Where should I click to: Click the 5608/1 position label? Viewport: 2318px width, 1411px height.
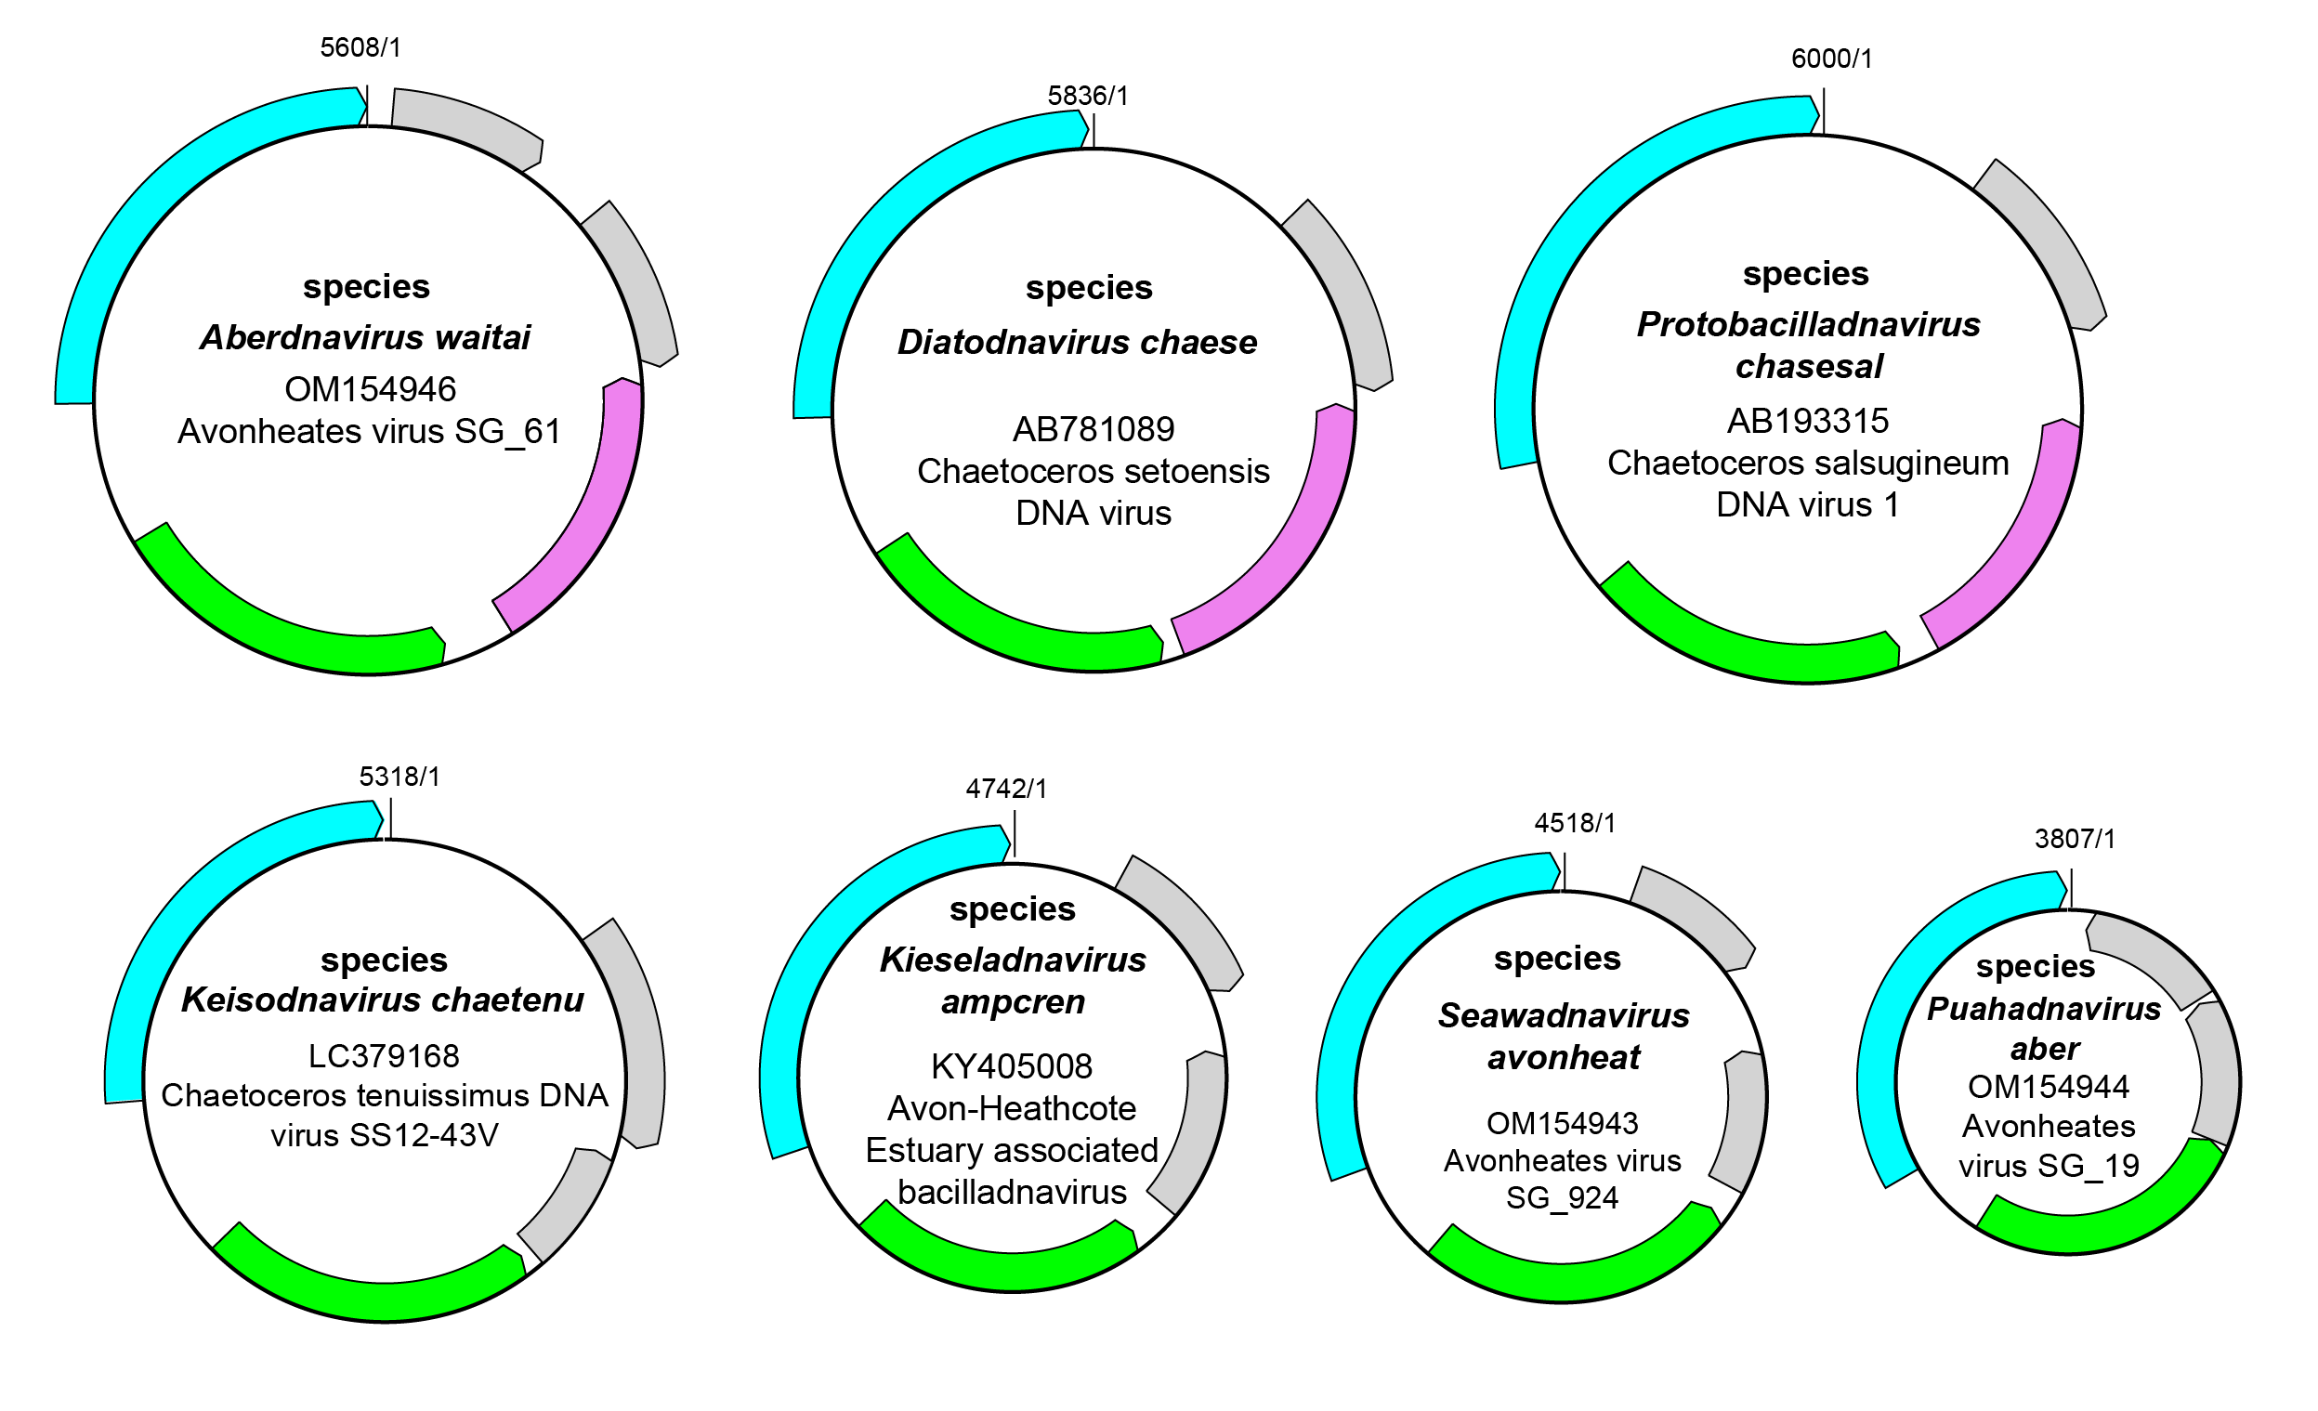[360, 47]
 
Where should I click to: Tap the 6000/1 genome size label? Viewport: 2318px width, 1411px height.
[1830, 59]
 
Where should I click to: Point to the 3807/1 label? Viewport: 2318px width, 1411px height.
[2075, 838]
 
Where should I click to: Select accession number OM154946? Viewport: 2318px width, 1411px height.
[370, 388]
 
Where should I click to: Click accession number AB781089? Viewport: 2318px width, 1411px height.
[1094, 429]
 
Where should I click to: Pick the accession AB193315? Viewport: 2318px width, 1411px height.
[1807, 421]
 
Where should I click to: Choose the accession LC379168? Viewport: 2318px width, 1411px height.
[384, 1055]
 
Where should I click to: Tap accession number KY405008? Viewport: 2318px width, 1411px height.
[1012, 1065]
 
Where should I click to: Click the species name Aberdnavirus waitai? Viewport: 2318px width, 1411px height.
[365, 337]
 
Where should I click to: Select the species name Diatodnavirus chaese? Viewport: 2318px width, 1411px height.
[1077, 342]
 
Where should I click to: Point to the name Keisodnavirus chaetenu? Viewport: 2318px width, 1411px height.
[382, 999]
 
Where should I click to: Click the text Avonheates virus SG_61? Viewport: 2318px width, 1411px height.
[369, 431]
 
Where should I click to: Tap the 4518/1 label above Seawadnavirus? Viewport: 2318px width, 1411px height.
[1575, 823]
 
